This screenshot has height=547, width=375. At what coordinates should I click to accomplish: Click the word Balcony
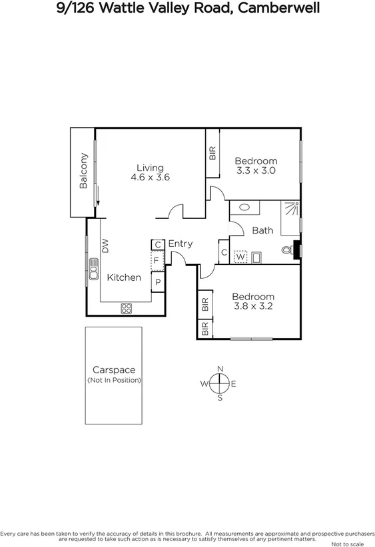click(83, 171)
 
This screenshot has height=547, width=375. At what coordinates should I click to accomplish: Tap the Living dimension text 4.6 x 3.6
click(151, 178)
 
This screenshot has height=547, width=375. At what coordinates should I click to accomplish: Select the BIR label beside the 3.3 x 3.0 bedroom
click(212, 153)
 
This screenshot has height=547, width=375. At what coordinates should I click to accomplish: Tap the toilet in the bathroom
click(287, 251)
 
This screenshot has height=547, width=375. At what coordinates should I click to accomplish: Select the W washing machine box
click(240, 256)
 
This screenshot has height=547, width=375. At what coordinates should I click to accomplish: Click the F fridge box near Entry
click(157, 260)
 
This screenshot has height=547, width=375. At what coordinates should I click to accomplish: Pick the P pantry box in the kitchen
click(158, 282)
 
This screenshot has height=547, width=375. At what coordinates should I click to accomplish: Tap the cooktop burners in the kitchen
click(126, 308)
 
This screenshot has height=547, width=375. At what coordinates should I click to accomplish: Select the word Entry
click(180, 244)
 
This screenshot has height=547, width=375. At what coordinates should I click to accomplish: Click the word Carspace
click(113, 370)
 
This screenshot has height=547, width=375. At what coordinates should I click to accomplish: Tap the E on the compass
click(234, 383)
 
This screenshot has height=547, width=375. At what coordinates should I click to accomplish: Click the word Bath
click(262, 230)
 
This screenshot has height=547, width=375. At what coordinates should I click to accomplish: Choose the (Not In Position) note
click(114, 380)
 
